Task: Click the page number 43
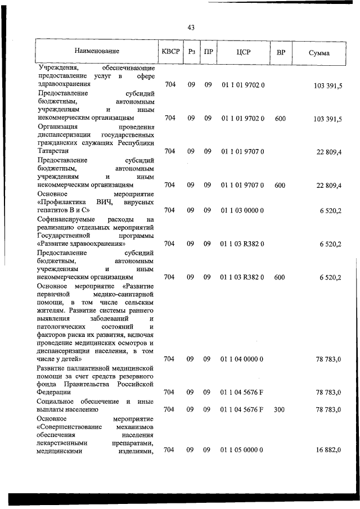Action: tap(191, 28)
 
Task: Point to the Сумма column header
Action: tap(319, 52)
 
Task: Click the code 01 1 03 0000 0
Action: tap(243, 210)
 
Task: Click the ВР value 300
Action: tap(280, 410)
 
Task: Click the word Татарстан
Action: tap(53, 151)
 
